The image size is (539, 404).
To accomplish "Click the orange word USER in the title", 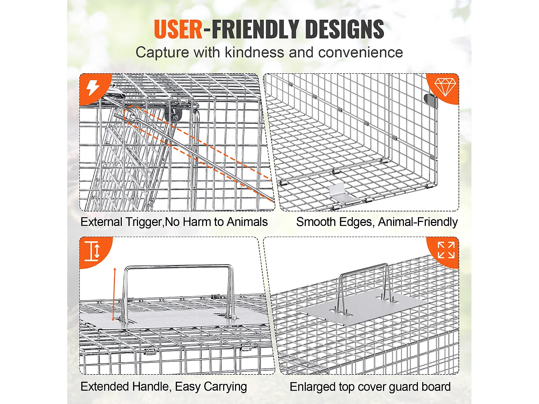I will coord(178,29).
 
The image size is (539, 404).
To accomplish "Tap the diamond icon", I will coord(445,87).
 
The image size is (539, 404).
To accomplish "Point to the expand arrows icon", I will coord(446,250).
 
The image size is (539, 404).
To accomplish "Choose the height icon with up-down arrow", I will coord(92,251).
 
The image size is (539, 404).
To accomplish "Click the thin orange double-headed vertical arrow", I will coord(114,294).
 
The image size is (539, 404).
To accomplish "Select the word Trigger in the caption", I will coord(143,222).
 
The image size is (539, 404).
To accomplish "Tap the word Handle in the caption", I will coord(151,386).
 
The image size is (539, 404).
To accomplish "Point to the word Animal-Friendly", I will coord(418,222).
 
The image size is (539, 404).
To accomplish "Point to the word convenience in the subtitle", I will coord(360,52).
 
